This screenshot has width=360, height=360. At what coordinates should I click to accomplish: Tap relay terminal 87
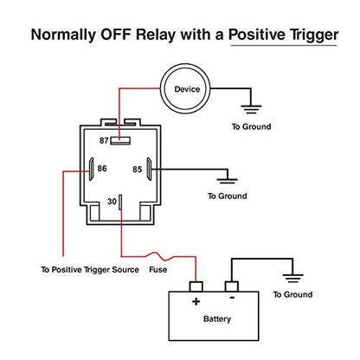120,141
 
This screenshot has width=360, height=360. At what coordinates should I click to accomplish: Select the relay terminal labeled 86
92,169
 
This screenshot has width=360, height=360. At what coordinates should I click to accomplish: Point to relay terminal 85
149,169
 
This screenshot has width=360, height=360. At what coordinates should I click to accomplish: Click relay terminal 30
120,202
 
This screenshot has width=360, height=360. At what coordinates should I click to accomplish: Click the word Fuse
158,270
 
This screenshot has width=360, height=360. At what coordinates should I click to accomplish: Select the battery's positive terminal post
196,286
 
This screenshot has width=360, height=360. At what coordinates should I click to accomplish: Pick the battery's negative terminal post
231,286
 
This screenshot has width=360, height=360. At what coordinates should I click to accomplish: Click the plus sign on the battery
196,302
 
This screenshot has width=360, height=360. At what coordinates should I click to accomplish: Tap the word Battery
217,319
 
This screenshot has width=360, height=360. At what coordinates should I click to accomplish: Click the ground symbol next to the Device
251,109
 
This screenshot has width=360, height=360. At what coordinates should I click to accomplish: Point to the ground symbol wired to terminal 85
228,181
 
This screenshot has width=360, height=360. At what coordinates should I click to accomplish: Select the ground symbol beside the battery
292,278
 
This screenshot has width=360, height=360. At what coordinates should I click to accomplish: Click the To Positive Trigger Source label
90,270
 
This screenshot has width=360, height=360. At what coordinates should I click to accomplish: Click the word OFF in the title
115,35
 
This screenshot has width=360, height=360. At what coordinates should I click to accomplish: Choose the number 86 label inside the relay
102,168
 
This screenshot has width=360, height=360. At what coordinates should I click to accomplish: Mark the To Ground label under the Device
252,126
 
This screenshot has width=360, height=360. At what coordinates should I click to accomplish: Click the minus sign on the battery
232,298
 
